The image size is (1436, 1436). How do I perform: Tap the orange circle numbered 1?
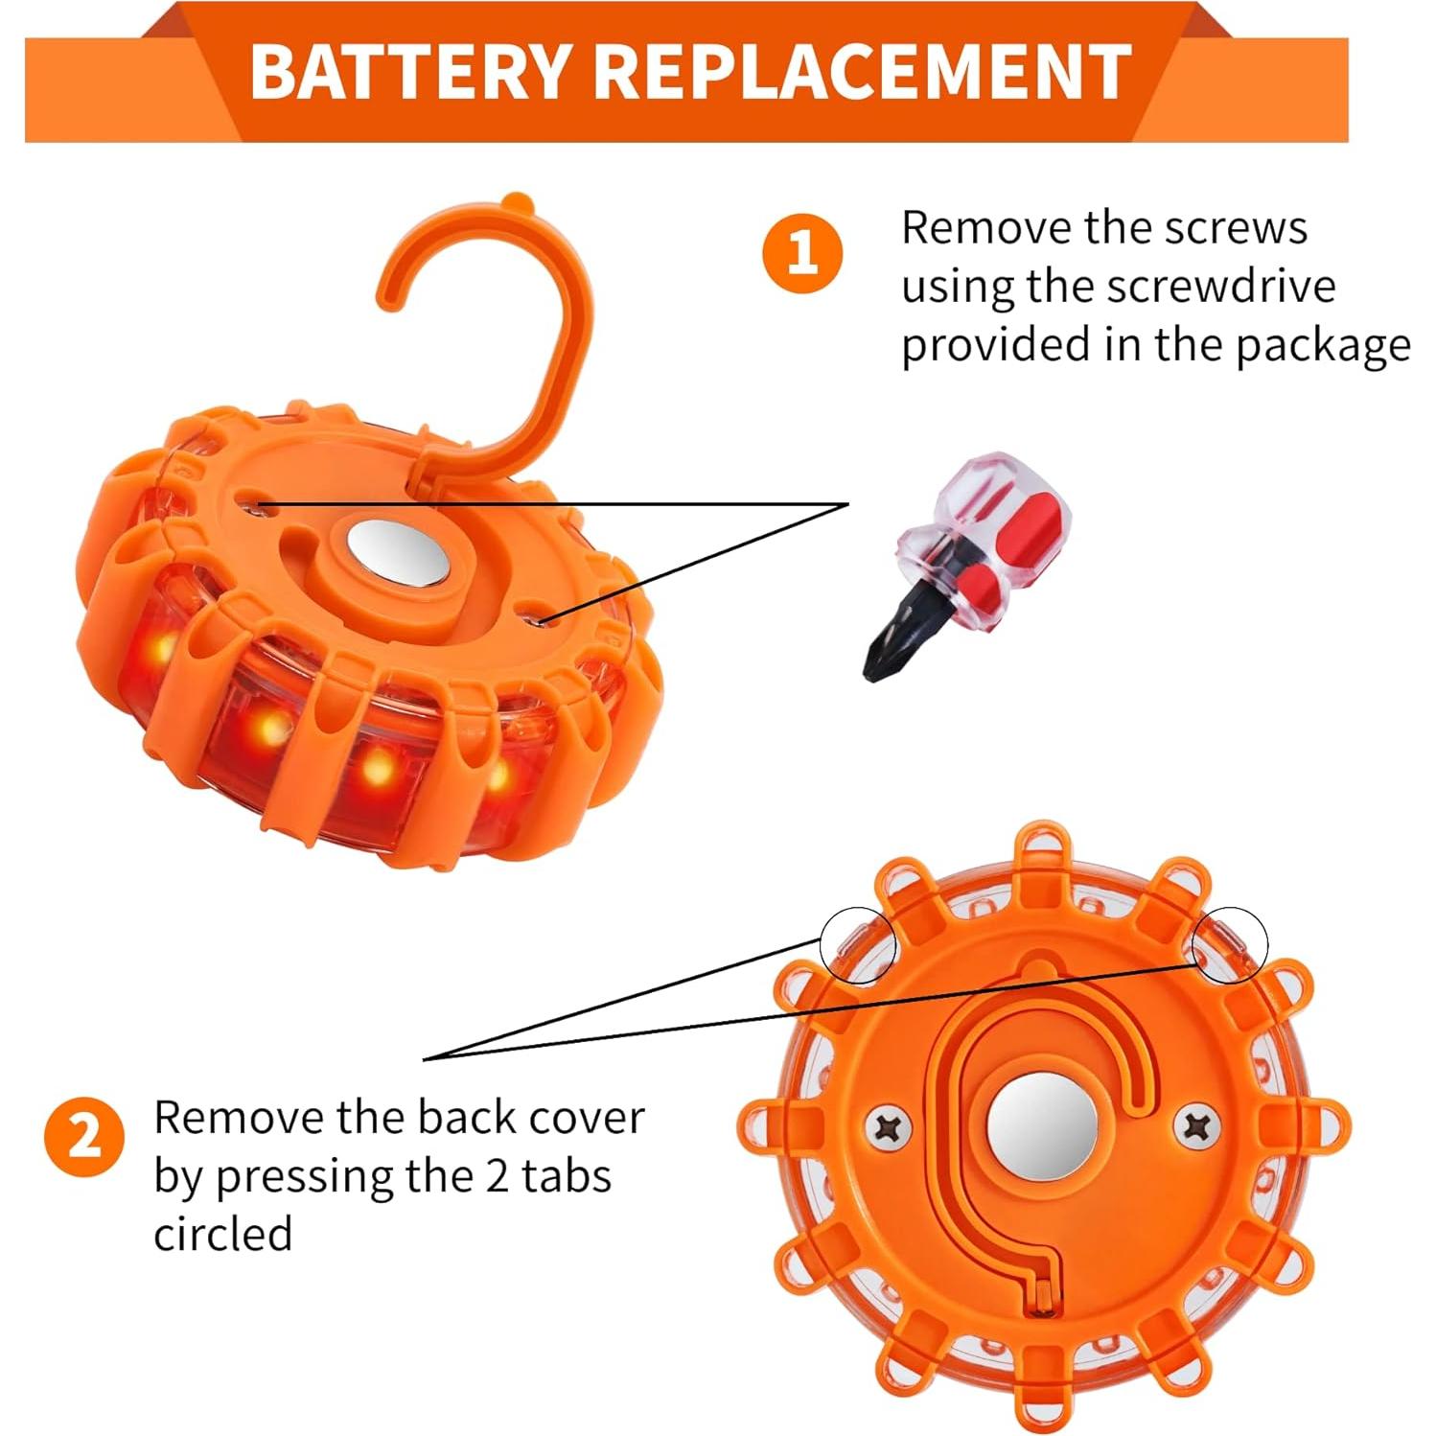(x=802, y=253)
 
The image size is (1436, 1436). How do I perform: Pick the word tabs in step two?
(x=566, y=1176)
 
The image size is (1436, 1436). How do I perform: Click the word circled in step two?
(x=222, y=1234)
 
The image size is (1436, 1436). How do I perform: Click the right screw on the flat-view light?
(x=1196, y=1125)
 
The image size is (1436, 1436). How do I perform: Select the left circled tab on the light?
(x=857, y=945)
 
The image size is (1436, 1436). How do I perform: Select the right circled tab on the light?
(x=1230, y=944)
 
